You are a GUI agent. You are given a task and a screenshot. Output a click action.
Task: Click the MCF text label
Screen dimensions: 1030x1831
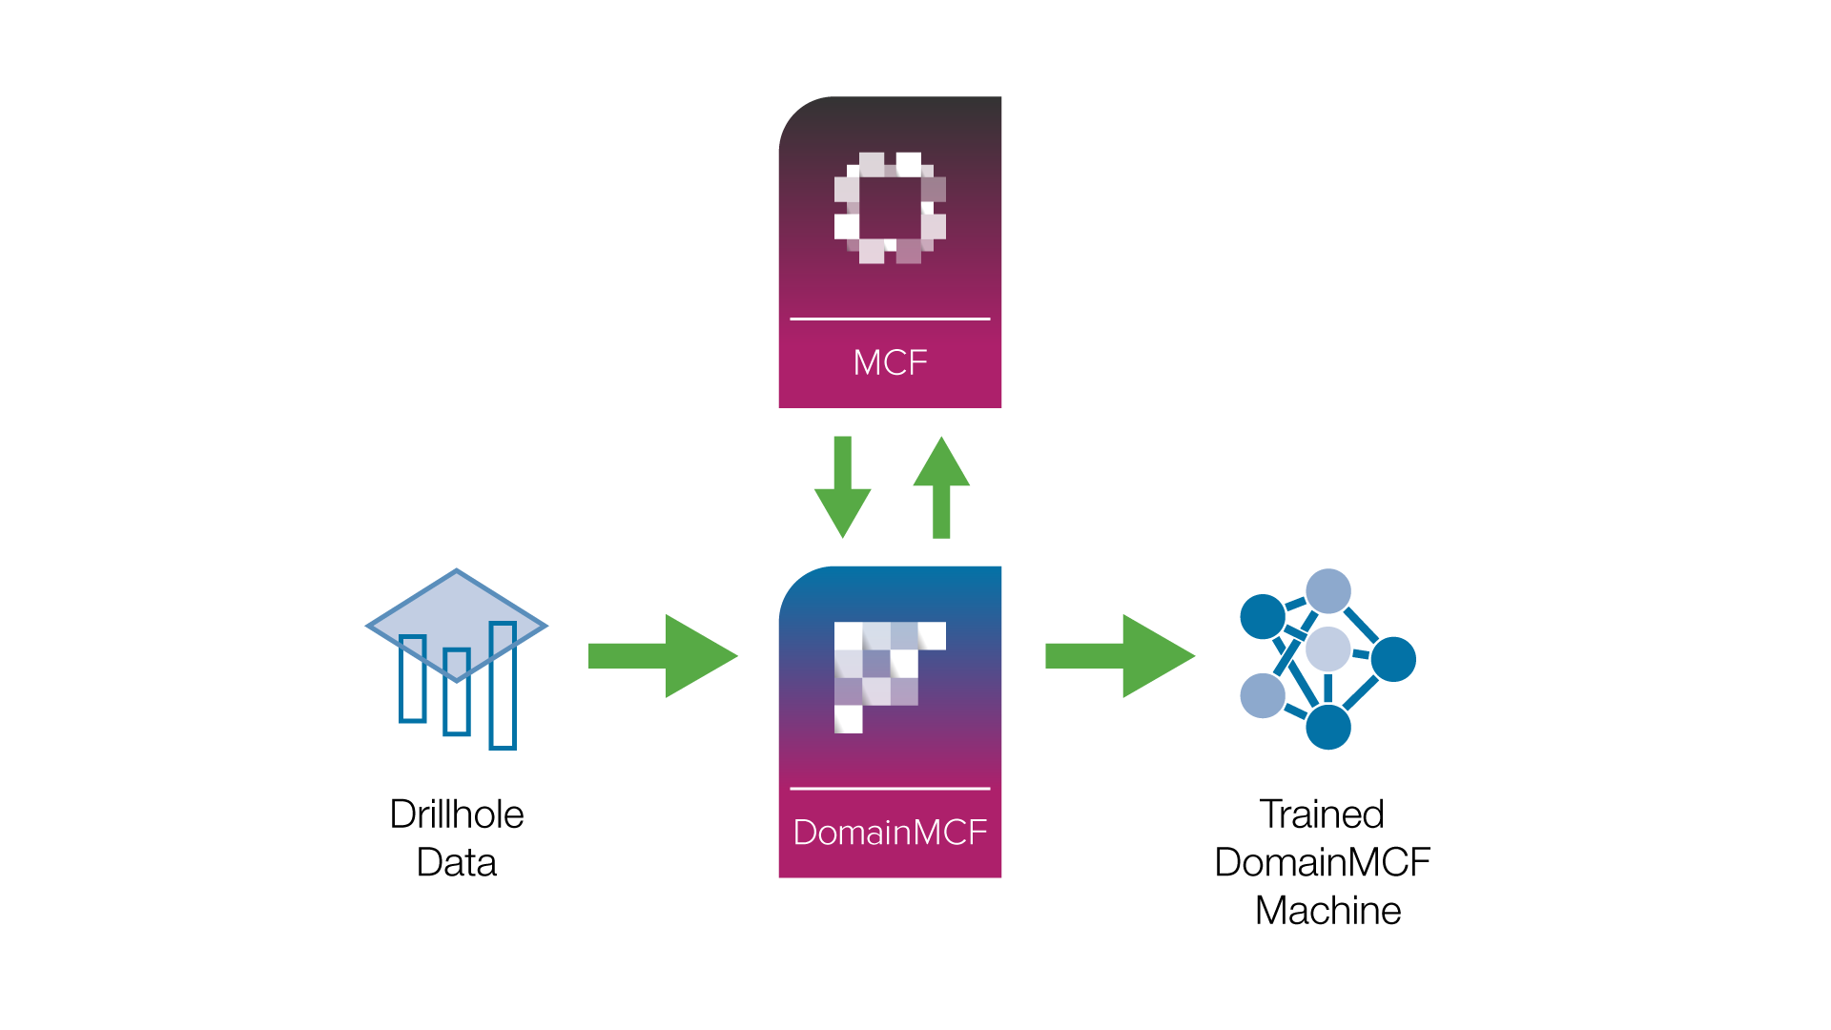pos(890,362)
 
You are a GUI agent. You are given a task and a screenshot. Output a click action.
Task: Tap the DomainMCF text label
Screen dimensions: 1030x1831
pos(890,833)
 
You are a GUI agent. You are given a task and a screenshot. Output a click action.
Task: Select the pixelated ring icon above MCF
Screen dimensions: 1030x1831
pos(890,208)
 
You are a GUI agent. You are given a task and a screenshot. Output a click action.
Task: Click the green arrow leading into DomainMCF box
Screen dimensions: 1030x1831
pos(663,656)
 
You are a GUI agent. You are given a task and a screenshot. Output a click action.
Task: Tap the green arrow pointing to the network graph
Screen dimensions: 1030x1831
pos(1120,656)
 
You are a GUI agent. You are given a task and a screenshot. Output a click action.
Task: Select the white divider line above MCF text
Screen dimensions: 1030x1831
pos(890,319)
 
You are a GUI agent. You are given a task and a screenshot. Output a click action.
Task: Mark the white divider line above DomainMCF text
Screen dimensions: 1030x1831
pos(890,789)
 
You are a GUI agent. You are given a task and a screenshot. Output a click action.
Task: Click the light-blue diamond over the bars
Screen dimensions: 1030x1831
pos(457,610)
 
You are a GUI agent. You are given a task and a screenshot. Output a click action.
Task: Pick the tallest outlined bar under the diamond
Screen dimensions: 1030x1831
pos(503,706)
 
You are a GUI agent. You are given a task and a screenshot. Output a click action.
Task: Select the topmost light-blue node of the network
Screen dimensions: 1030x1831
pos(1328,591)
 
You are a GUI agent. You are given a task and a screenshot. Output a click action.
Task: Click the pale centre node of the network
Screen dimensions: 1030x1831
pos(1327,649)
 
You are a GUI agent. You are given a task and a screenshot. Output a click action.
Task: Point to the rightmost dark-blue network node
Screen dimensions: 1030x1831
pos(1393,659)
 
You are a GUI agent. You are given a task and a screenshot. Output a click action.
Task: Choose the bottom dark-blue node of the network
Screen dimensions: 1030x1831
pos(1328,727)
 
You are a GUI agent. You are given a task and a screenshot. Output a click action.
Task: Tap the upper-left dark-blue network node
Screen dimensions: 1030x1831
pos(1263,616)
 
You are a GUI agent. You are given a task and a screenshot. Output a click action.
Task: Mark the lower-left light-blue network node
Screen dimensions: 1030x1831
pos(1262,695)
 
